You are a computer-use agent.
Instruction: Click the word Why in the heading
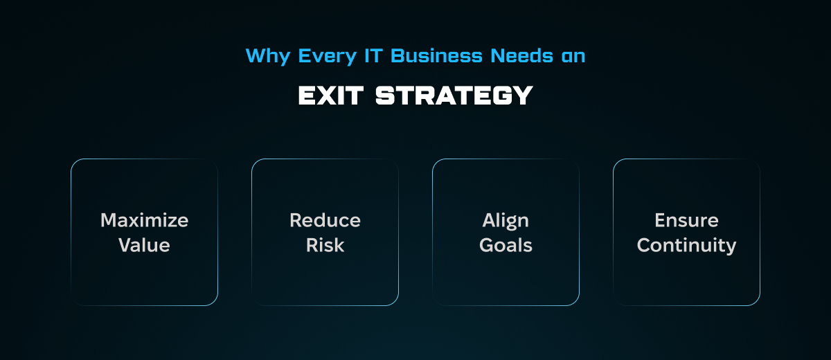tap(268, 57)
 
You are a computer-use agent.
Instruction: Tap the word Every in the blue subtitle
tap(327, 57)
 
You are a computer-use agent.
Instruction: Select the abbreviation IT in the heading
tap(373, 55)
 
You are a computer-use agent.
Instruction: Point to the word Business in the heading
tap(436, 55)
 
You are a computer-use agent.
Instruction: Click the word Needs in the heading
tap(522, 55)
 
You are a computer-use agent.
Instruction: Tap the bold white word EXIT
tap(331, 96)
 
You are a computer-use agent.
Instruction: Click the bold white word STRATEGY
tap(454, 96)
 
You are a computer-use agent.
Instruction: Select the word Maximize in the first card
tap(144, 220)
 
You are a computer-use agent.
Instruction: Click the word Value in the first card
tap(144, 245)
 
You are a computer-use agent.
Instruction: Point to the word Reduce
tap(325, 220)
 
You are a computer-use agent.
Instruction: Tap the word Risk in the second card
tap(325, 245)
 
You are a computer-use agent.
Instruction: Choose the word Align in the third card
tap(506, 222)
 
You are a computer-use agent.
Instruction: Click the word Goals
tap(506, 245)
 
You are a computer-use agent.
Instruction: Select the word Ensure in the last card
tap(687, 220)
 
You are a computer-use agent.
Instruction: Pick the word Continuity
tap(687, 246)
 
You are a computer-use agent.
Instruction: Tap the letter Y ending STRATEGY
tap(523, 96)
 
